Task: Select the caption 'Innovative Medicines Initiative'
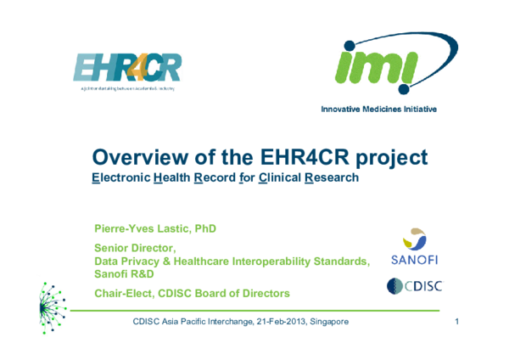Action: (378, 110)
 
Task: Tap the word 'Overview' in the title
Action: (146, 158)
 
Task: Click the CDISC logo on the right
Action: (414, 286)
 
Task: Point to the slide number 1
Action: (456, 323)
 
